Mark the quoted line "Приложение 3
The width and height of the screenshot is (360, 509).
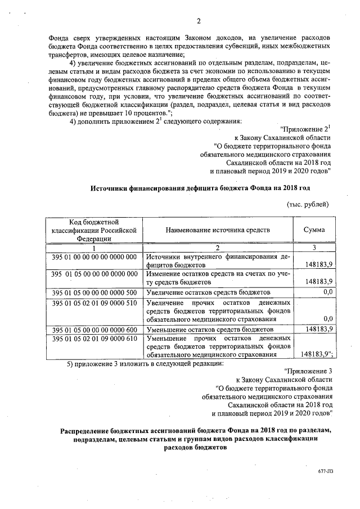(x=308, y=371)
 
